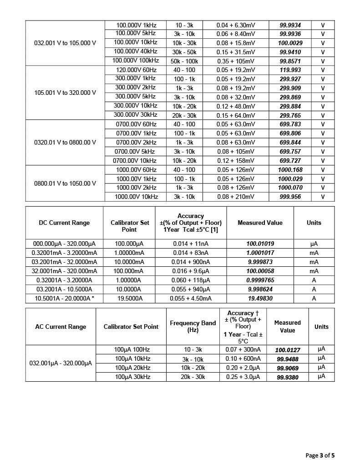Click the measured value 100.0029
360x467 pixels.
tap(290, 43)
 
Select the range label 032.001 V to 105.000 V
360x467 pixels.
tap(65, 43)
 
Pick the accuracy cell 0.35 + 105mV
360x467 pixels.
tap(235, 61)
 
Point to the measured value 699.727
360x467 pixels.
tap(290, 161)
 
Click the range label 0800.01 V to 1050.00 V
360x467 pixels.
tap(65, 183)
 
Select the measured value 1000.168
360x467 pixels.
tap(290, 170)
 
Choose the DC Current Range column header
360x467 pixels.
tap(64, 223)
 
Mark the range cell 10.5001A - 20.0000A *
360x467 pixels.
tap(64, 298)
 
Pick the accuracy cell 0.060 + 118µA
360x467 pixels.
tap(191, 280)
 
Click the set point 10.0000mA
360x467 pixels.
tap(129, 262)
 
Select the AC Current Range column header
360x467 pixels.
tap(61, 327)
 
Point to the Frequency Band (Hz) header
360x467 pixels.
tap(193, 327)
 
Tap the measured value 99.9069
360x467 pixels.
tap(288, 368)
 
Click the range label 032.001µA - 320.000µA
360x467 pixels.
tap(61, 363)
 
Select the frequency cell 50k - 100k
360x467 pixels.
tap(184, 61)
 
